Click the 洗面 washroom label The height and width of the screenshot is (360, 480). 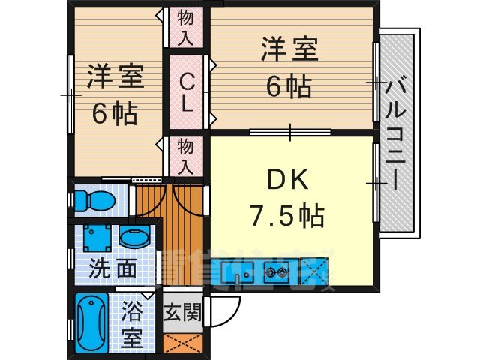click(112, 268)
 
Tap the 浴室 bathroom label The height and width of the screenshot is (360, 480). click(132, 323)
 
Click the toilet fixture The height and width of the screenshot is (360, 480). click(93, 199)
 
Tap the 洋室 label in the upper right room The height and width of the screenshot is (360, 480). click(289, 51)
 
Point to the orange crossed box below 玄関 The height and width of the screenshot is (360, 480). click(182, 340)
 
